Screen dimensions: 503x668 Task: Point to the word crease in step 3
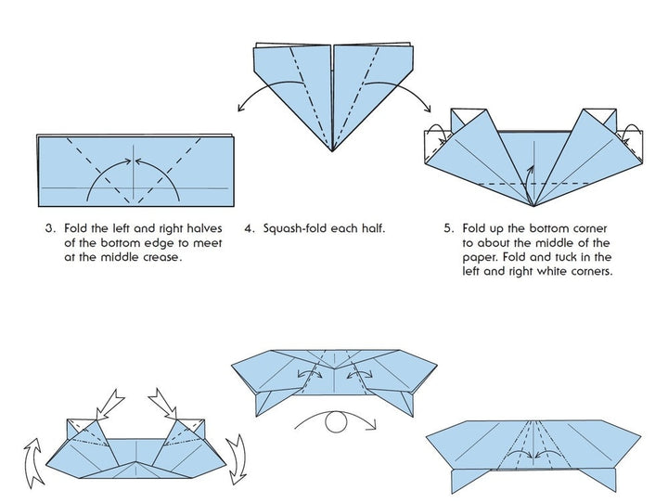pos(154,257)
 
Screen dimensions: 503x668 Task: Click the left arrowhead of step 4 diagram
pos(240,110)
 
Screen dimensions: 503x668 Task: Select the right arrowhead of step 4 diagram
pos(426,110)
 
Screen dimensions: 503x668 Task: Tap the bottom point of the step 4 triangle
pos(334,151)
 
